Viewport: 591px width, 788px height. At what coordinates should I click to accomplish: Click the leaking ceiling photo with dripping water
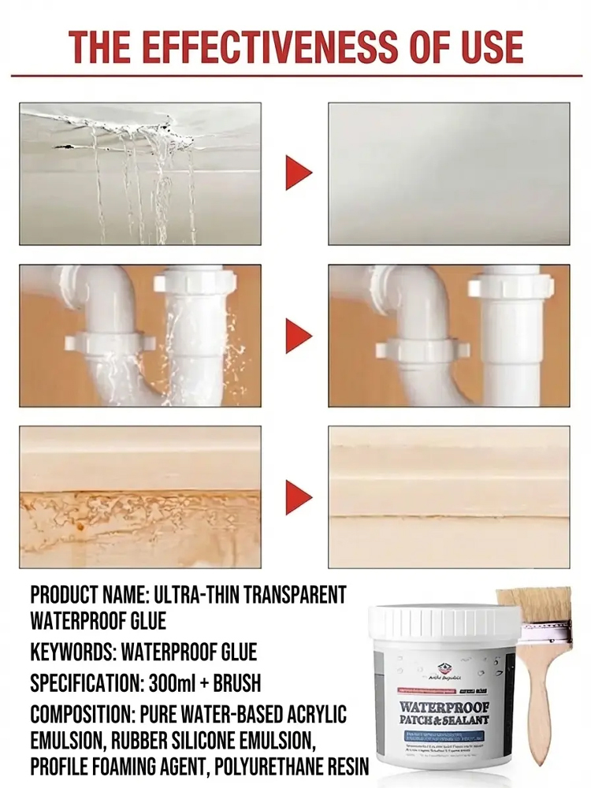(139, 173)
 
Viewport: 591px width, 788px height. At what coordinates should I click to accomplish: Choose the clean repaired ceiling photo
(448, 173)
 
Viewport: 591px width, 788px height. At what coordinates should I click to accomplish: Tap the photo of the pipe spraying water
(139, 336)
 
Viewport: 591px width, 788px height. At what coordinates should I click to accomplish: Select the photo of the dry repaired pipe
(448, 336)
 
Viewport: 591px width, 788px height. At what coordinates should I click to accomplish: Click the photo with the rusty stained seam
(139, 497)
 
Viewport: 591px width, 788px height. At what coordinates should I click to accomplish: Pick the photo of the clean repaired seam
(448, 497)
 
